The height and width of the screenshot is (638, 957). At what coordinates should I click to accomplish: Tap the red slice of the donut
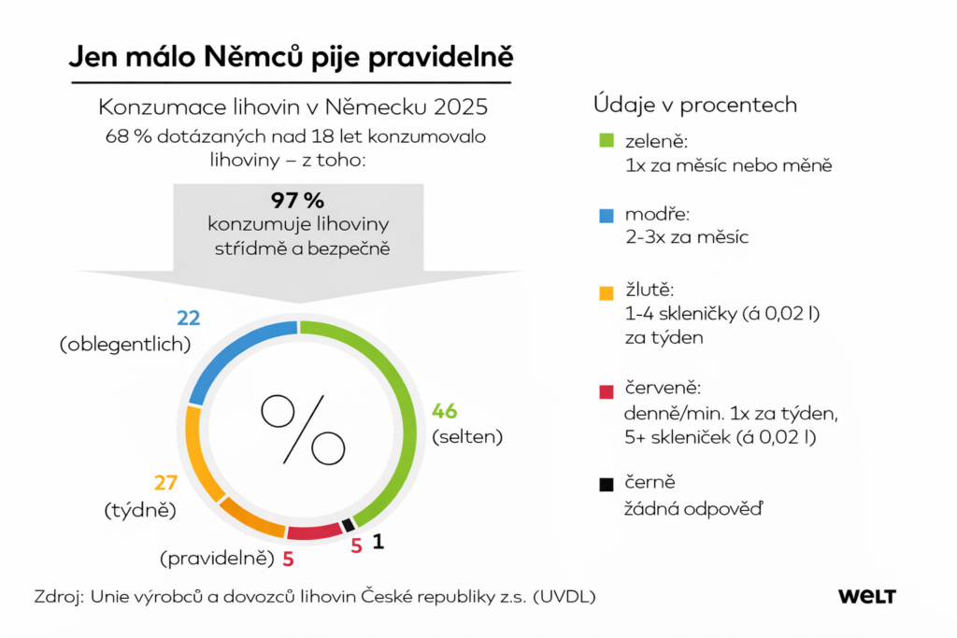tap(315, 532)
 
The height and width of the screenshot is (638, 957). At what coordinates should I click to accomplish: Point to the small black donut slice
tap(348, 525)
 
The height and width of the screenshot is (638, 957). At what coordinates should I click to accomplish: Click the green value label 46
tap(444, 411)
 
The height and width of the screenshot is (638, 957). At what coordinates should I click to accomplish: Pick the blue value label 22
tap(189, 319)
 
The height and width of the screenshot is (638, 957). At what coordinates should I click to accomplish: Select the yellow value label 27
tap(165, 483)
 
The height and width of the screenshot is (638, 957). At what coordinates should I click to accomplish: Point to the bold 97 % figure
tap(297, 200)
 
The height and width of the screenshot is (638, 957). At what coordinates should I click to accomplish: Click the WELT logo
tap(866, 596)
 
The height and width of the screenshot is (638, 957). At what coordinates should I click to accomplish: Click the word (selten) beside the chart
tap(466, 436)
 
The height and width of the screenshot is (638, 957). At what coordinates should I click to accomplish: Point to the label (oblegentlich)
tap(125, 344)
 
